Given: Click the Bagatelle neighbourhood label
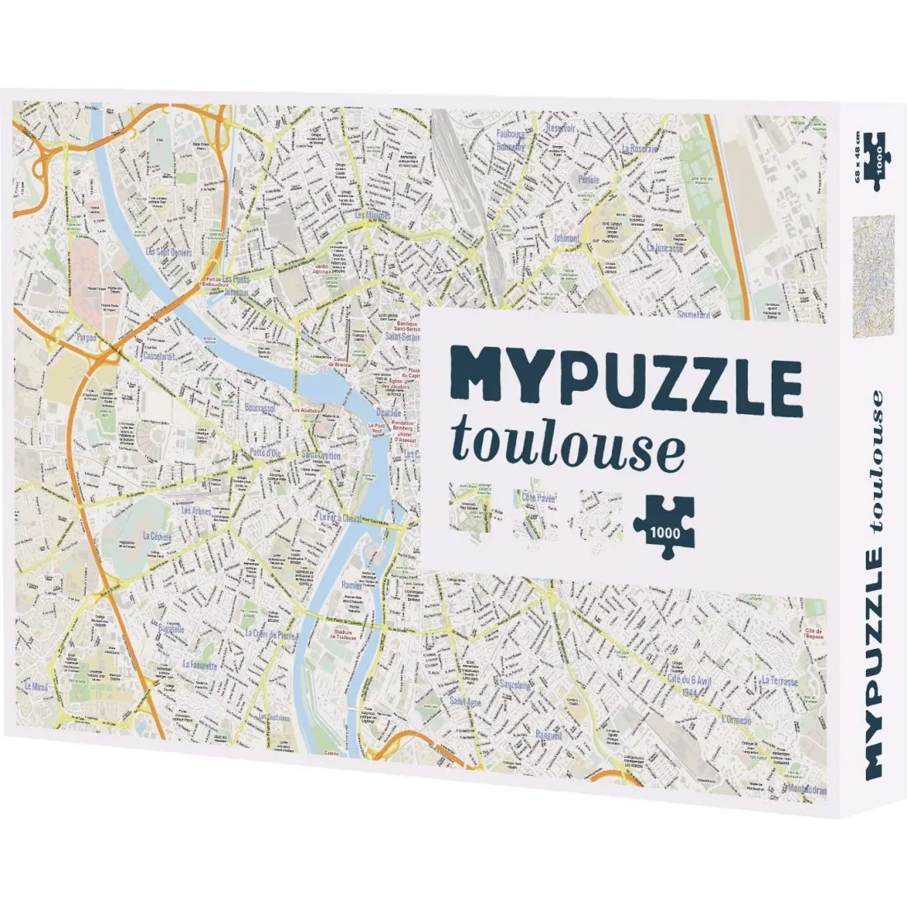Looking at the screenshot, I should click(x=170, y=628).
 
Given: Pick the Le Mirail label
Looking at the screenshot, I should click(x=38, y=686).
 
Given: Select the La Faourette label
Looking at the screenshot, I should click(x=200, y=665).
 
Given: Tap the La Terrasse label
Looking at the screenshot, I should click(x=779, y=681).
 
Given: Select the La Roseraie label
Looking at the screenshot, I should click(x=641, y=149).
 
